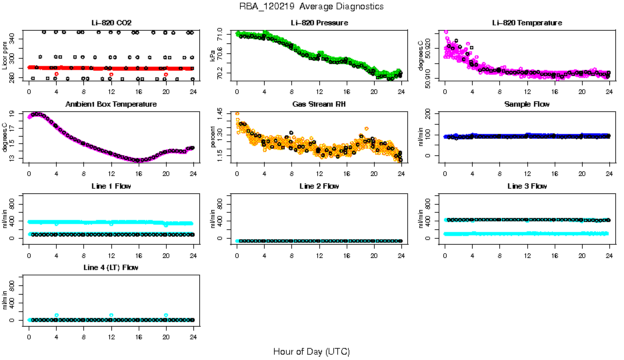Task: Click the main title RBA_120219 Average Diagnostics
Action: click(311, 7)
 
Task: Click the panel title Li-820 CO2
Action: click(111, 23)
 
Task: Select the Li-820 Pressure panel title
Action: click(319, 23)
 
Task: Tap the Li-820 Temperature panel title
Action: click(527, 23)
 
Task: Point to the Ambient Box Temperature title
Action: click(111, 105)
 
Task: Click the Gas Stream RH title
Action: click(319, 105)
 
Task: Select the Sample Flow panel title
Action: click(527, 105)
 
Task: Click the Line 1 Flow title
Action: click(111, 186)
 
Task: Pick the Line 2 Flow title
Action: click(319, 186)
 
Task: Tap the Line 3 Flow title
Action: click(527, 186)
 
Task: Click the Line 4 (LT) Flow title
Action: click(111, 267)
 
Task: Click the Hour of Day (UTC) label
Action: click(311, 351)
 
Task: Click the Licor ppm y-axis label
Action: click(5, 55)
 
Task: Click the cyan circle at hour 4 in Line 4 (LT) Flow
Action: click(57, 315)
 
